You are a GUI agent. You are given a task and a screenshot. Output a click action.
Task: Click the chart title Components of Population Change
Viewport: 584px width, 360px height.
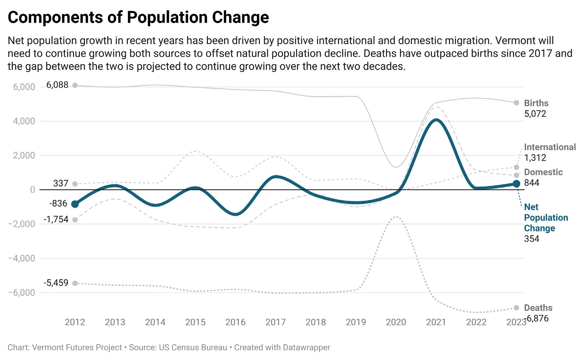138,17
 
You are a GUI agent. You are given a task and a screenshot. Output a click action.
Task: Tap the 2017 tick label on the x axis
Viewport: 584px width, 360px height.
275,322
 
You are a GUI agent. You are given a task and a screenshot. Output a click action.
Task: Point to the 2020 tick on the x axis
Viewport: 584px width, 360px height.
396,322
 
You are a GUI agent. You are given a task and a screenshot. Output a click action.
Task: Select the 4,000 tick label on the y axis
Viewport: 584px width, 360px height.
24,121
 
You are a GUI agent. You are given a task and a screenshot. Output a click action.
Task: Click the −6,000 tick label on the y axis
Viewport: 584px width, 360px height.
22,292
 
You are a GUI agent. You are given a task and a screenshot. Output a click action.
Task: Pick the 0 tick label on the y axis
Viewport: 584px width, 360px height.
32,190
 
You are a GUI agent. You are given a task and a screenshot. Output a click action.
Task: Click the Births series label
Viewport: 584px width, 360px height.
536,103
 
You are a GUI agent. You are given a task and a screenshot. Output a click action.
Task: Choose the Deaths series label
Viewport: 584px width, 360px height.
538,308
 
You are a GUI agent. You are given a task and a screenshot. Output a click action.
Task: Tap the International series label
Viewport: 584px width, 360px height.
550,147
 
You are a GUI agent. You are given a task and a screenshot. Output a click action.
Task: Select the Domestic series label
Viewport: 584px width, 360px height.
543,172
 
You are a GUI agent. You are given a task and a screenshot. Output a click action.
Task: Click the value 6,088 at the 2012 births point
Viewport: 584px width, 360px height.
57,85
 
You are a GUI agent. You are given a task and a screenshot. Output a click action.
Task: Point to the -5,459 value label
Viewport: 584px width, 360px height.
56,283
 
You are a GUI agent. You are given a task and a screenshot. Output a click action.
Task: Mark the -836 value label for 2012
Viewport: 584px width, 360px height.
58,203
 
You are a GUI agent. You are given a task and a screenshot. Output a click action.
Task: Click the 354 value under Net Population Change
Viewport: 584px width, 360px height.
531,239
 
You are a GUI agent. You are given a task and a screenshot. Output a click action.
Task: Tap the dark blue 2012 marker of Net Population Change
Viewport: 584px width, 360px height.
75,204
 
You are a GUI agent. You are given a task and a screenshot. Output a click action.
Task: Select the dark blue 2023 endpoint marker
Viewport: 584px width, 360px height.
516,184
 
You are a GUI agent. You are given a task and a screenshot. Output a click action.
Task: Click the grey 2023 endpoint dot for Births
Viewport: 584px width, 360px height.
516,103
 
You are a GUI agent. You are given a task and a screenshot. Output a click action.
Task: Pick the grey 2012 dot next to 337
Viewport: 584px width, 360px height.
75,184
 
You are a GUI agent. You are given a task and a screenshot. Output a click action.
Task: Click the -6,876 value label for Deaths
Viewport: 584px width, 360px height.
537,318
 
